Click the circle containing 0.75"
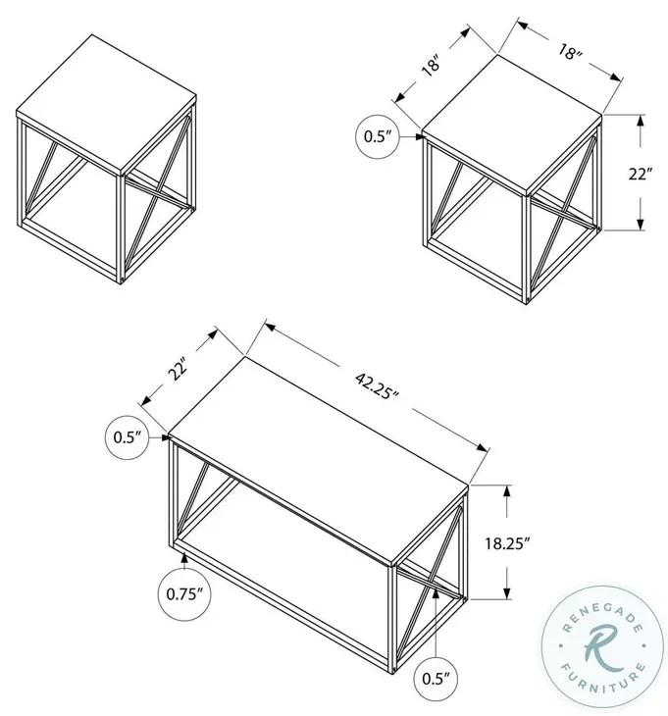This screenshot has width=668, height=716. click(x=183, y=592)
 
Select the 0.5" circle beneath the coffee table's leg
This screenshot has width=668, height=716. click(x=430, y=677)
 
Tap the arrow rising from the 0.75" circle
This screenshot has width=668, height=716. click(x=183, y=560)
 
